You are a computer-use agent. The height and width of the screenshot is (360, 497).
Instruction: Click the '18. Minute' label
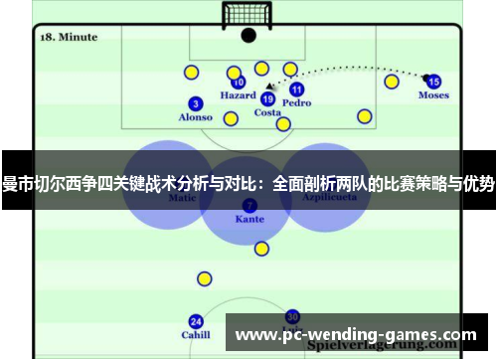tap(69, 37)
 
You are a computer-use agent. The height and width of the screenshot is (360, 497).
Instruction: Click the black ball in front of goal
tap(248, 37)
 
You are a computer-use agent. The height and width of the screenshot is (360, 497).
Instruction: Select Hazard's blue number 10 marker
tap(239, 83)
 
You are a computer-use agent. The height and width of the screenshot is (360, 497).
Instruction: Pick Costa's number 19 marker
tap(267, 98)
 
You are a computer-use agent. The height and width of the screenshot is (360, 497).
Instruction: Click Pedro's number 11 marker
tap(296, 90)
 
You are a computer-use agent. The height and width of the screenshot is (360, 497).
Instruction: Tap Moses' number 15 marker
tap(433, 82)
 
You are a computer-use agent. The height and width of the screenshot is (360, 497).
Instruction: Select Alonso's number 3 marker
tap(195, 103)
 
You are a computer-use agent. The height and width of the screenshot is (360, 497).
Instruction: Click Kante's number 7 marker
tap(248, 205)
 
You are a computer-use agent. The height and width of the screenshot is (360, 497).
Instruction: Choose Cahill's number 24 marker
tap(196, 321)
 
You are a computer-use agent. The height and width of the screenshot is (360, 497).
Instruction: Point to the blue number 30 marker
tap(292, 316)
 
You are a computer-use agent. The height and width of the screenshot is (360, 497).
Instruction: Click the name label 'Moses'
tap(433, 96)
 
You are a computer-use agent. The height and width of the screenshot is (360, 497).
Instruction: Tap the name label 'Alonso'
tap(195, 117)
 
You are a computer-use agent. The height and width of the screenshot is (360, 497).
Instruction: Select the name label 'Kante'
tap(249, 219)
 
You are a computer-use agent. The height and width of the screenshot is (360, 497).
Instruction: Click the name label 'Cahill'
tap(196, 335)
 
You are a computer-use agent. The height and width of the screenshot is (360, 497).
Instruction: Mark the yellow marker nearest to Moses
tap(392, 82)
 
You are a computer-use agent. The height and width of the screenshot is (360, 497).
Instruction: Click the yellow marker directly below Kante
tap(261, 249)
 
